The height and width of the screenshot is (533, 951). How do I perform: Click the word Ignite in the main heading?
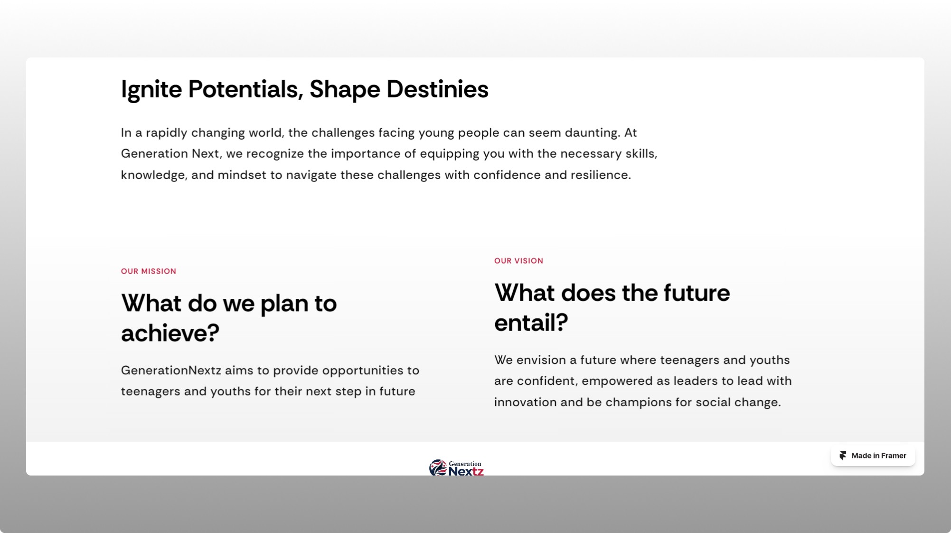pos(151,90)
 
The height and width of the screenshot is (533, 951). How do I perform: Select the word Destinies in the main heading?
pos(437,89)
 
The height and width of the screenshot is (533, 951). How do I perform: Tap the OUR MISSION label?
pos(149,271)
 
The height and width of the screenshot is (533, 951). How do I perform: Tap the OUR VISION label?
pos(518,261)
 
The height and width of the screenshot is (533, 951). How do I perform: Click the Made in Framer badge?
pos(873,456)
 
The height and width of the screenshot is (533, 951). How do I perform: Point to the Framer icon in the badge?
pos(843,456)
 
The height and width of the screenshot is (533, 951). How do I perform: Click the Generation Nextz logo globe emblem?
pos(438,467)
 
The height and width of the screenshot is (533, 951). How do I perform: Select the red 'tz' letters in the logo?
pos(478,471)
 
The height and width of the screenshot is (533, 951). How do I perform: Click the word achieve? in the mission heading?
pos(170,333)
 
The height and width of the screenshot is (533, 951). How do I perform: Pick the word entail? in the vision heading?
pos(531,323)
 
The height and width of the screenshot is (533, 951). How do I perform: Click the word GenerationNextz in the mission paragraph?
pos(171,371)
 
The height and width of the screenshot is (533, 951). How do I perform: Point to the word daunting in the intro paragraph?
pos(592,133)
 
